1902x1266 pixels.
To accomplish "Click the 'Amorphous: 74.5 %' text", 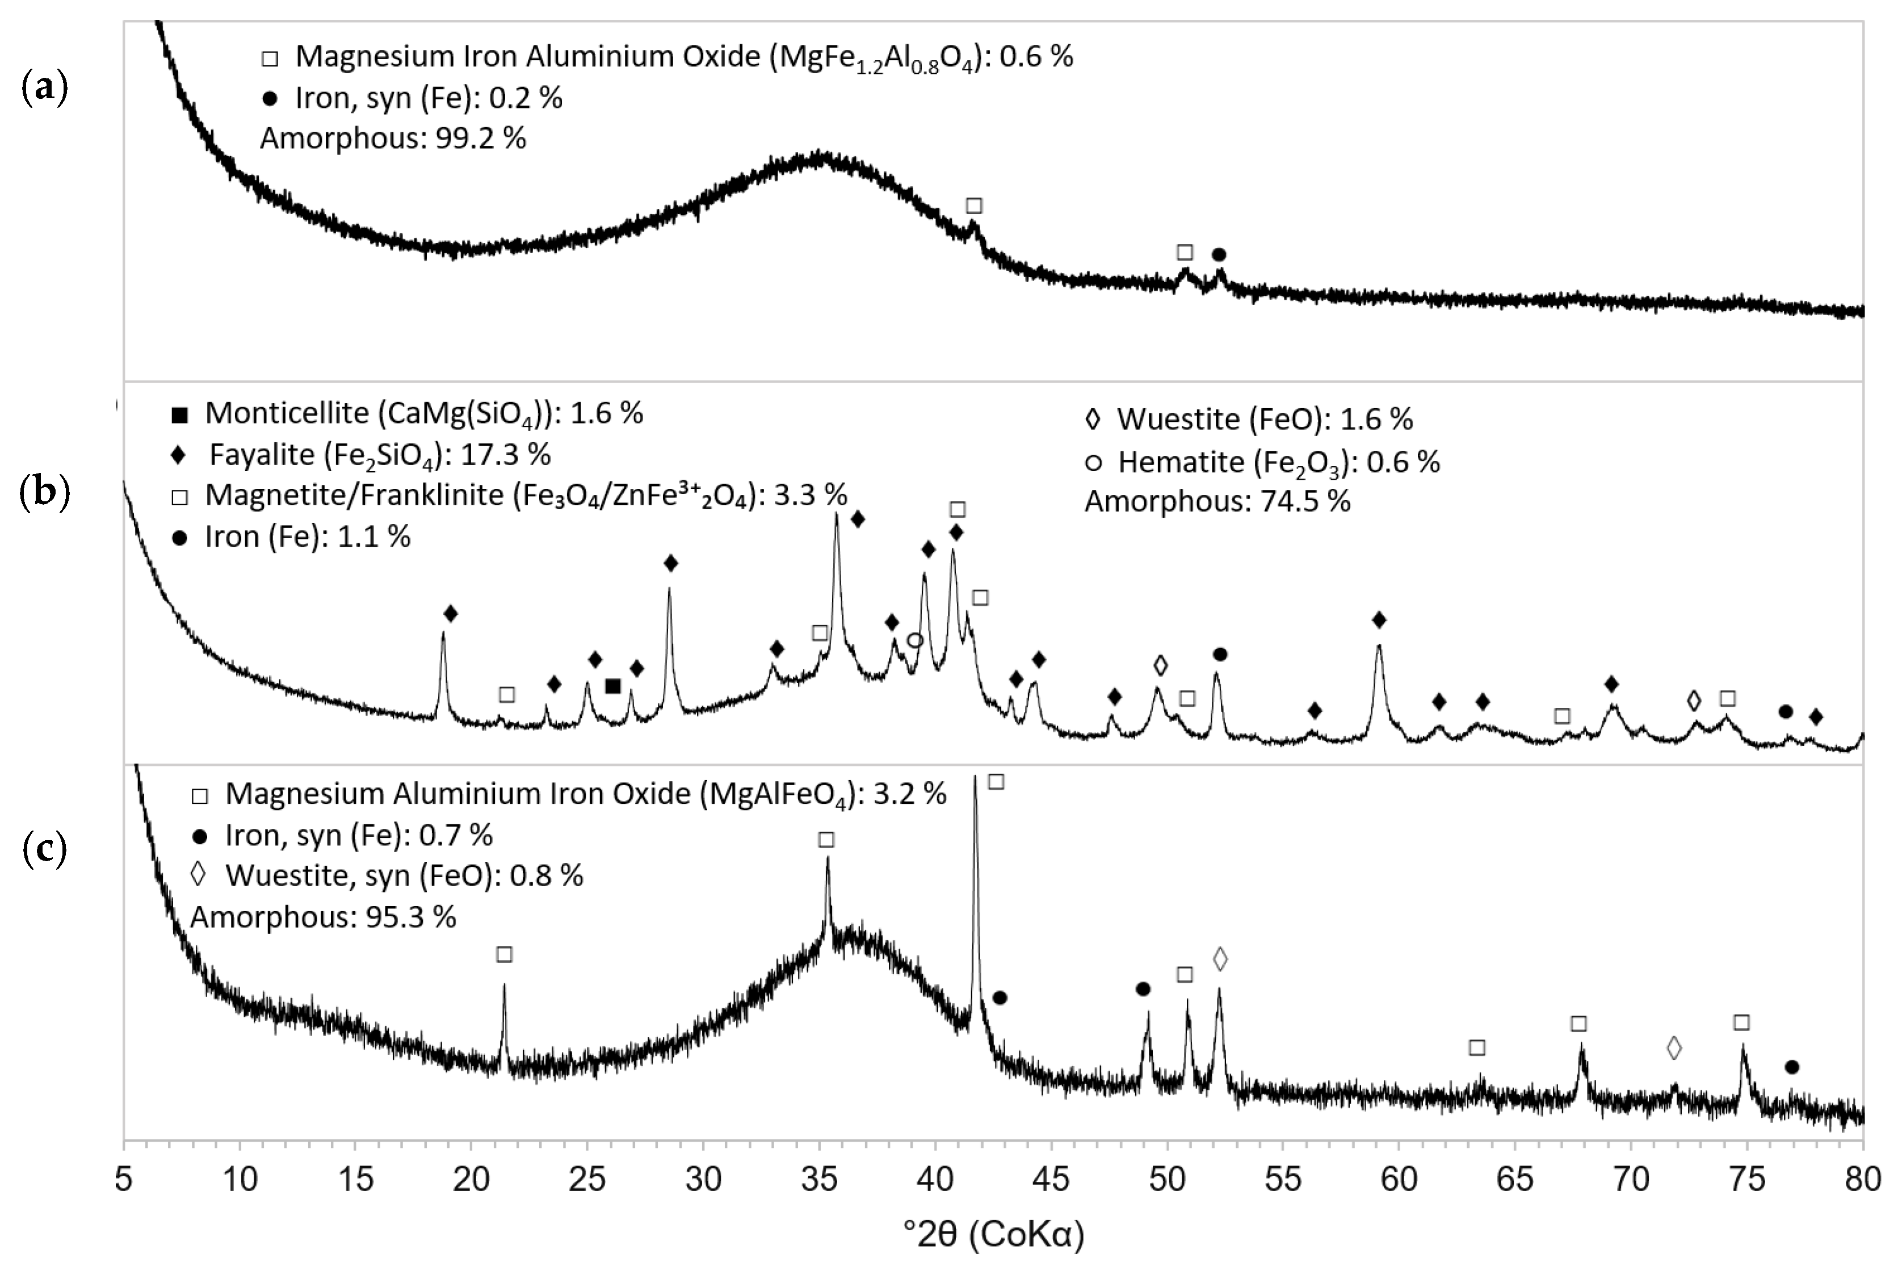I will pos(1216,501).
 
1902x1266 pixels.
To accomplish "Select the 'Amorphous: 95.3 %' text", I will pos(323,917).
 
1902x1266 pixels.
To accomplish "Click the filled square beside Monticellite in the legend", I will pos(180,415).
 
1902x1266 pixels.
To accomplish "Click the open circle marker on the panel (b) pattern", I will pos(914,640).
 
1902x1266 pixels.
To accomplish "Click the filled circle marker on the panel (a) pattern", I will pos(1219,255).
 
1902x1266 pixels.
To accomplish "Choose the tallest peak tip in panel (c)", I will pos(975,777).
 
